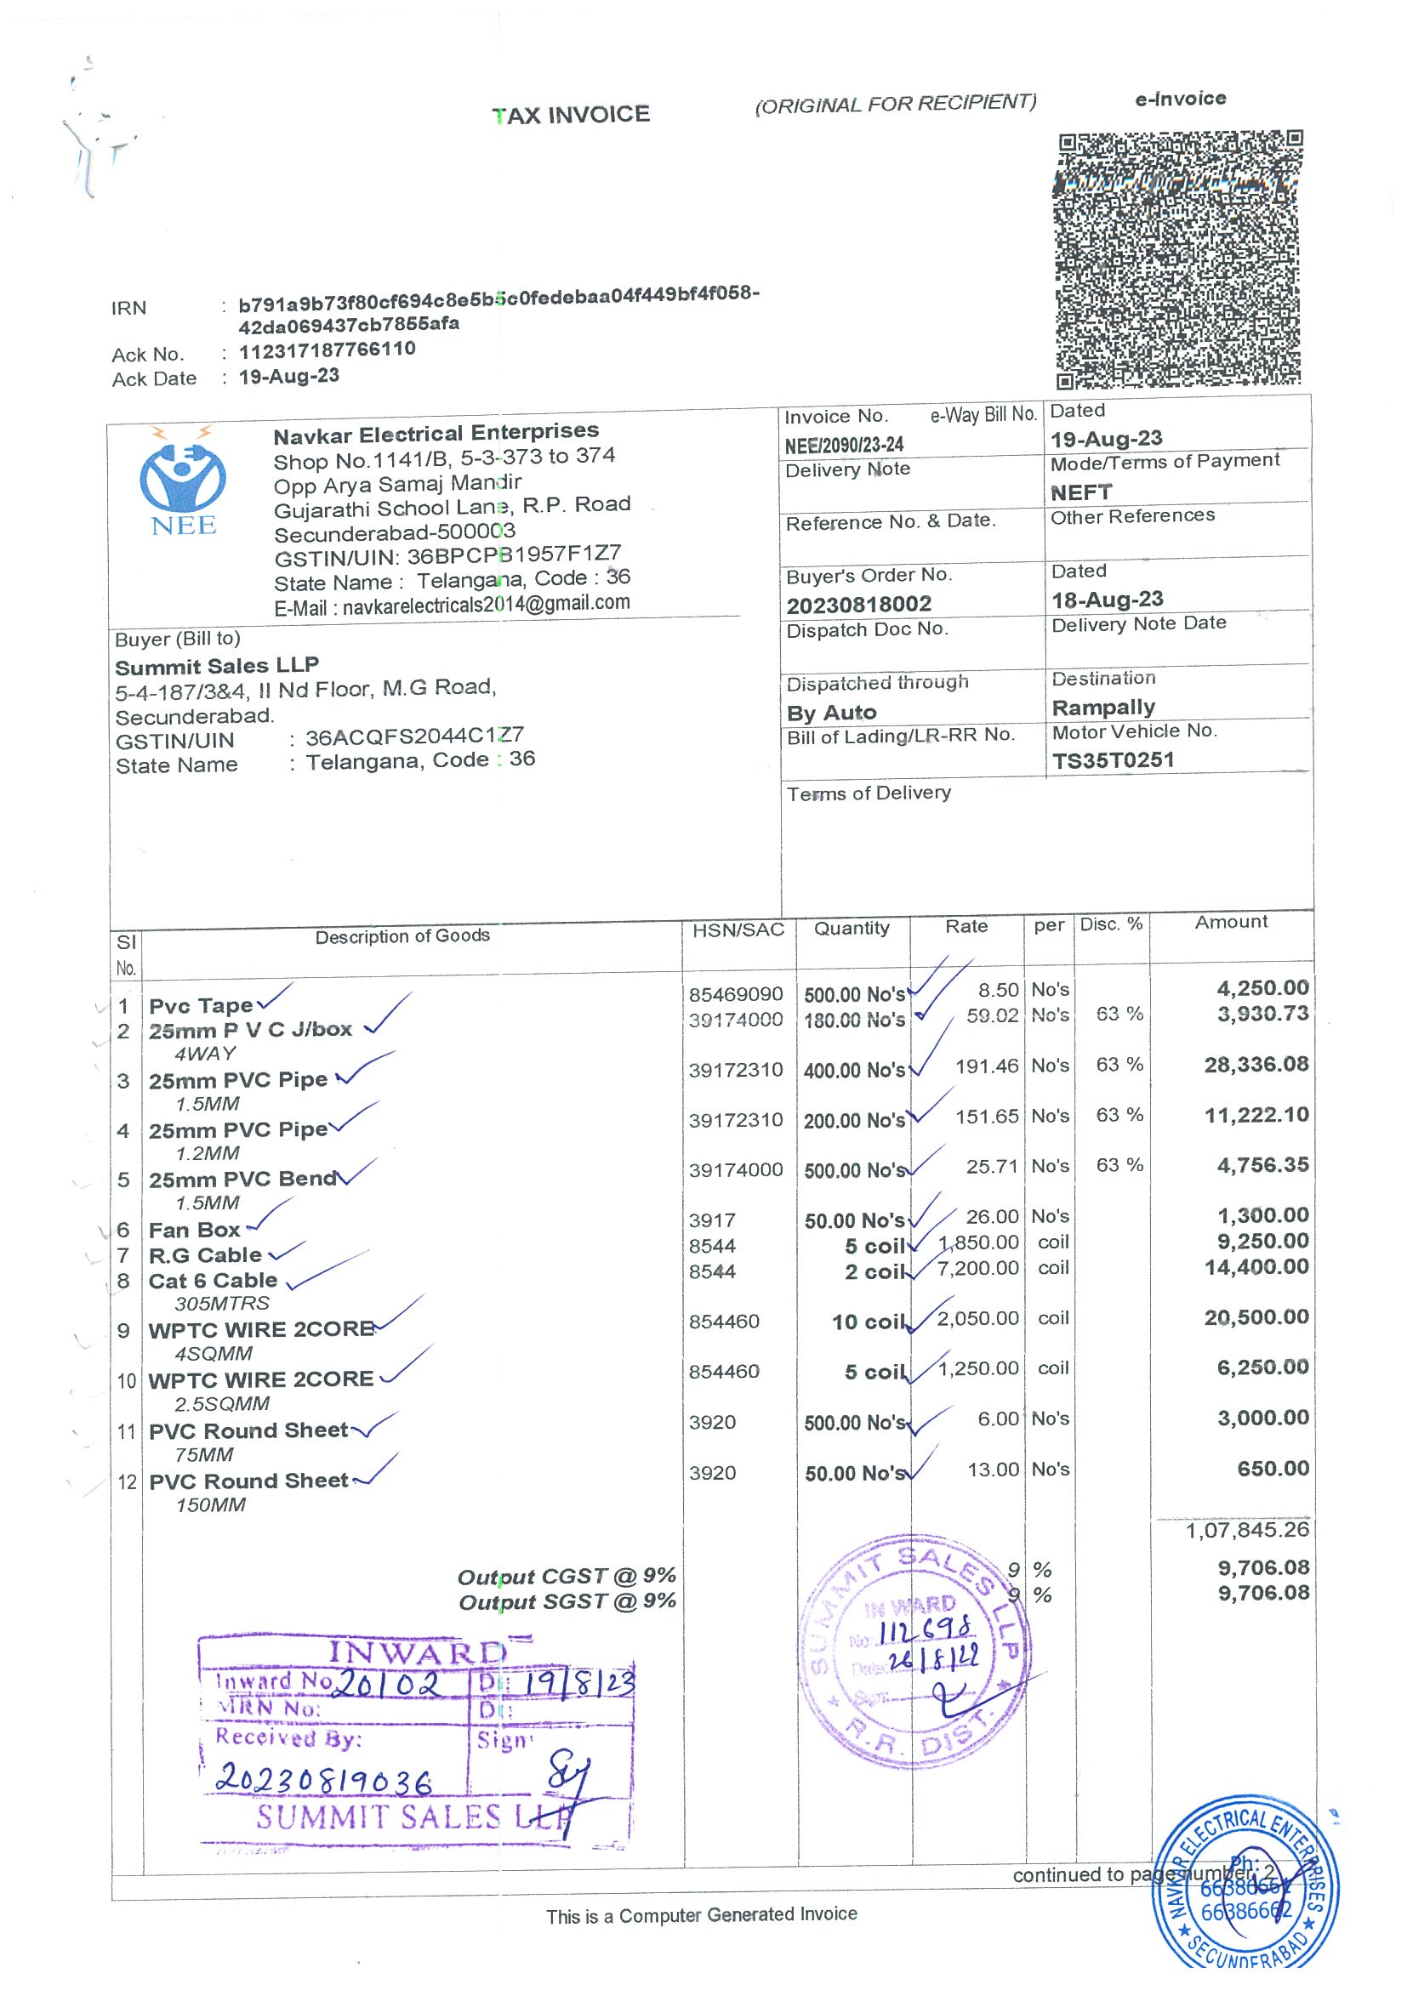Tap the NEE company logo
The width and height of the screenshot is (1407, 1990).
(183, 482)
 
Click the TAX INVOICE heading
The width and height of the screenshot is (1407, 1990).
(571, 116)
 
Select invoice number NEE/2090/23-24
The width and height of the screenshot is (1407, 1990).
(844, 446)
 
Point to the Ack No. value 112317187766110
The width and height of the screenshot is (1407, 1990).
(327, 350)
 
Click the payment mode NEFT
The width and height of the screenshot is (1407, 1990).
(1080, 492)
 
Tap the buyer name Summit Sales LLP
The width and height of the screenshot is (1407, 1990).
(217, 666)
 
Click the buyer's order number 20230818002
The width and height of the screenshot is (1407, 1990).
(858, 604)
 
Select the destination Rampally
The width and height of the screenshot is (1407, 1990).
(1102, 708)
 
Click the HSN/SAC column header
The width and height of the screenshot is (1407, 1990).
(738, 930)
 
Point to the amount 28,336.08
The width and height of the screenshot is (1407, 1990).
(1256, 1065)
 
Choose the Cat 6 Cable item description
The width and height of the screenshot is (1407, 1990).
(213, 1280)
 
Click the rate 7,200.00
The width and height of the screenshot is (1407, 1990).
(978, 1268)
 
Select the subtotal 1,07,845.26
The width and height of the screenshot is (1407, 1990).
(1246, 1530)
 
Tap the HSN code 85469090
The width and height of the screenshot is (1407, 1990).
(735, 994)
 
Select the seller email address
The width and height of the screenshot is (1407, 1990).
(486, 604)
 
